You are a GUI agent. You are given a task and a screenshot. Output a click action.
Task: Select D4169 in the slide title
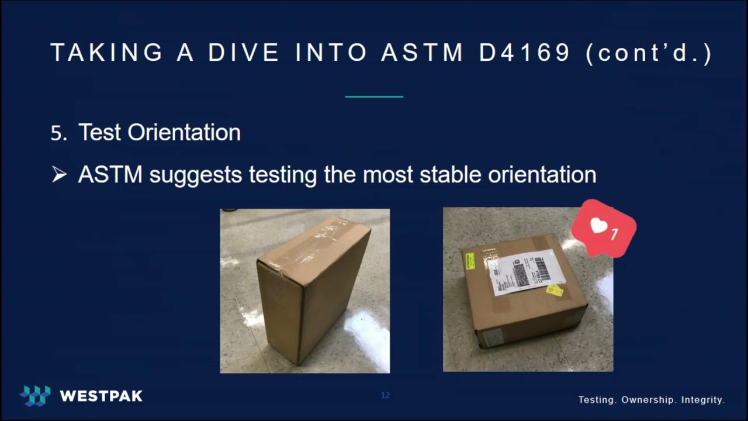pos(525,53)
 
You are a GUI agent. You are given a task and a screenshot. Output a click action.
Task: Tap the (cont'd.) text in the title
pos(649,53)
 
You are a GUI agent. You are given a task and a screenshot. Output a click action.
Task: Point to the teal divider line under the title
pos(374,96)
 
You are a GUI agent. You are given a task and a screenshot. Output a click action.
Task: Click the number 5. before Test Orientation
pos(59,133)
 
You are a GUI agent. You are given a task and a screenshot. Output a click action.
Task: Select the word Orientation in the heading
pos(184,133)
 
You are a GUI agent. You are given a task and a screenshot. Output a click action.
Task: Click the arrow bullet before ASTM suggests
pos(59,174)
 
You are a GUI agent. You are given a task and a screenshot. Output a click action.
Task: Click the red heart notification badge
pos(604,228)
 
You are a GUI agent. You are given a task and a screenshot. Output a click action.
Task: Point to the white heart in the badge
pos(598,226)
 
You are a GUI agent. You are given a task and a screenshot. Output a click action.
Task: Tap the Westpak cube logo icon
pos(35,396)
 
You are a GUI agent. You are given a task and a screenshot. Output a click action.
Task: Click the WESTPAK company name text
pos(101,396)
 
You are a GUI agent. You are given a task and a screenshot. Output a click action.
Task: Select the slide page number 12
pos(385,395)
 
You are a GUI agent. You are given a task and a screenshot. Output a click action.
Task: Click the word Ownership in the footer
pos(648,400)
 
